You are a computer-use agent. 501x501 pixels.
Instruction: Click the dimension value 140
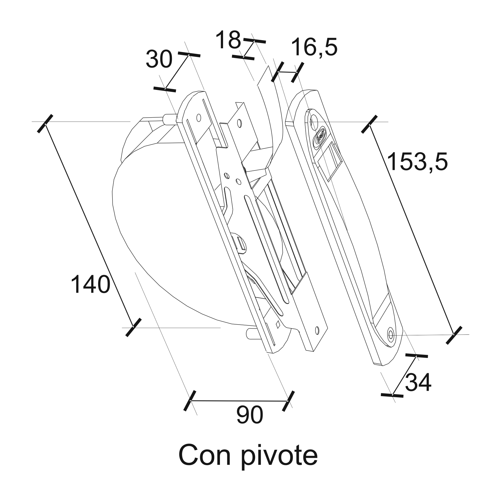tap(90, 284)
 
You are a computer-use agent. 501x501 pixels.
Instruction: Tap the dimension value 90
tap(250, 415)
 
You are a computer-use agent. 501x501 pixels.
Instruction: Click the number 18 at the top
tap(228, 40)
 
